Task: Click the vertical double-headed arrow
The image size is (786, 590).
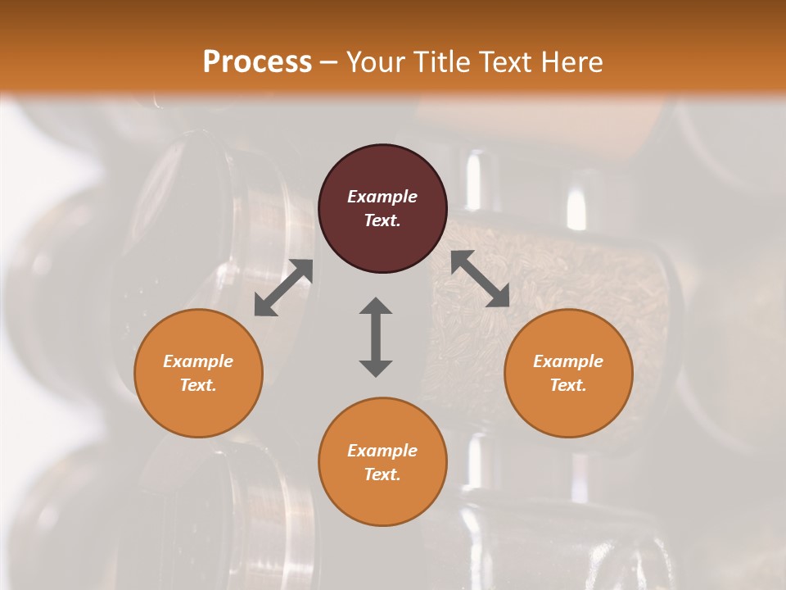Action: click(x=376, y=337)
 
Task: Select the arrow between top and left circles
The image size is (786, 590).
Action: click(x=283, y=288)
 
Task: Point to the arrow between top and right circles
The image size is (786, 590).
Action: click(x=481, y=279)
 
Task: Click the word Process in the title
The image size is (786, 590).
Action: click(x=257, y=61)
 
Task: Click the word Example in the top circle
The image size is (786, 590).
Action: click(x=382, y=197)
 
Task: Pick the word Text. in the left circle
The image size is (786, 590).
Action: click(x=198, y=385)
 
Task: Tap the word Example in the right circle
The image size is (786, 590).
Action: click(x=568, y=361)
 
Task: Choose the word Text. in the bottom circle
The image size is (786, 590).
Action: click(x=382, y=474)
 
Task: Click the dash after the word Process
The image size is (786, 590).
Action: click(x=328, y=63)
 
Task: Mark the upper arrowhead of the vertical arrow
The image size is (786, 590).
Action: click(x=376, y=306)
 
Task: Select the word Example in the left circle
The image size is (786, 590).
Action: click(x=198, y=361)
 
